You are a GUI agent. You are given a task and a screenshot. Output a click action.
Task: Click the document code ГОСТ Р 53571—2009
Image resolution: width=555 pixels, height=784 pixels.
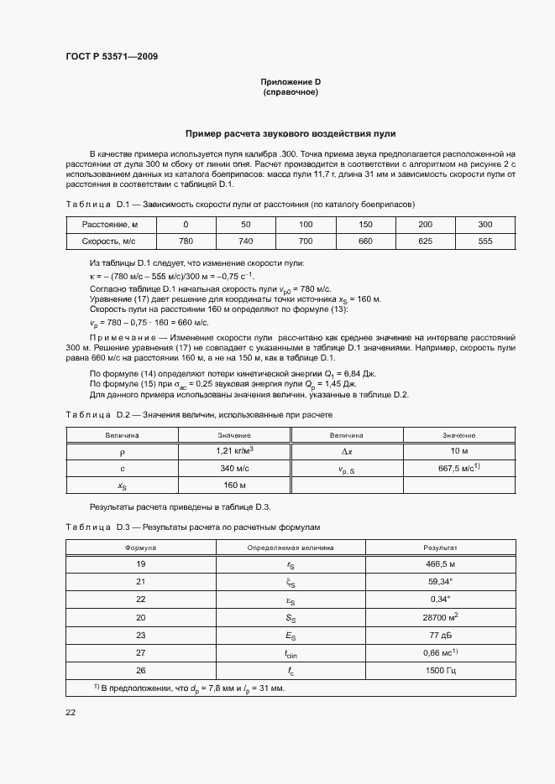click(111, 57)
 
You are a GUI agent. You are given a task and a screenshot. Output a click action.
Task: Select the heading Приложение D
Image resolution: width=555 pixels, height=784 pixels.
click(291, 82)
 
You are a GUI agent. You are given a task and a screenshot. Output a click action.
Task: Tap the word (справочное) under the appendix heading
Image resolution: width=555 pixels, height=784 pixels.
click(291, 92)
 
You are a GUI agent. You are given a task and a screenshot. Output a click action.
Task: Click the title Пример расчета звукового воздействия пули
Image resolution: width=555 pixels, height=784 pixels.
click(291, 134)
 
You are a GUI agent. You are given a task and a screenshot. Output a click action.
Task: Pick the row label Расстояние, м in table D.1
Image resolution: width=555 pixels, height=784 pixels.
click(110, 225)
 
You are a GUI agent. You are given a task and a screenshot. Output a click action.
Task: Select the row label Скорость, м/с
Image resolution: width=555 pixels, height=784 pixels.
click(110, 241)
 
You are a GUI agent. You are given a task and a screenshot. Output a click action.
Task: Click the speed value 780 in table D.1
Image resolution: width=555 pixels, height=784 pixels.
click(186, 241)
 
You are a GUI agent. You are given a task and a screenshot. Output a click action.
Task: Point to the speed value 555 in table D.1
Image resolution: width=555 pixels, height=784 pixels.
click(485, 241)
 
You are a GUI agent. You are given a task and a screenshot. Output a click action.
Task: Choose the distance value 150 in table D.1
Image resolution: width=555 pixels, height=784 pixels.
click(365, 225)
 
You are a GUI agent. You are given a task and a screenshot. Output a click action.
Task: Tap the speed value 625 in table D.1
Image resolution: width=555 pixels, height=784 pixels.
click(425, 241)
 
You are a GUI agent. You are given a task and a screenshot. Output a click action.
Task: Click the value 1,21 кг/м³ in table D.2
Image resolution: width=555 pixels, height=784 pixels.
click(234, 451)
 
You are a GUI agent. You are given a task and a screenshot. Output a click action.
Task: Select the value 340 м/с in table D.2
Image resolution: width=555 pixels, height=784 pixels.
click(234, 469)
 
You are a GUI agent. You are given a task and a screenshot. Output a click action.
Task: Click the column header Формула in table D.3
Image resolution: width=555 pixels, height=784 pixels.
click(140, 547)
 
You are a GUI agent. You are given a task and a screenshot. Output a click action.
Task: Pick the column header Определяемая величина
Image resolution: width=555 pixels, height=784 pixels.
click(290, 547)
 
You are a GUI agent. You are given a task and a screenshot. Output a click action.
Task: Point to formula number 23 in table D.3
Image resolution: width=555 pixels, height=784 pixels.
click(140, 635)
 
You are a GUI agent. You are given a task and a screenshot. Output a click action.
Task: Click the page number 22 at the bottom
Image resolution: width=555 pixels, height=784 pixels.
click(71, 712)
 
